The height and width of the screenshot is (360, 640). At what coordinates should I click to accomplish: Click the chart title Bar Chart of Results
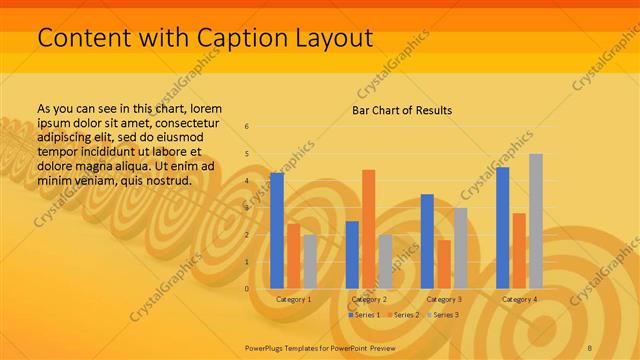coord(401,110)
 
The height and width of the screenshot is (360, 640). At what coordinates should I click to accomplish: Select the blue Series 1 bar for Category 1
coord(277,230)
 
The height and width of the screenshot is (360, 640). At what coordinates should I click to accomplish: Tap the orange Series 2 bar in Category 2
coord(368,229)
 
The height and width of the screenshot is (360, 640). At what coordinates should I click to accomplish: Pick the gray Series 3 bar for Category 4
coord(536,221)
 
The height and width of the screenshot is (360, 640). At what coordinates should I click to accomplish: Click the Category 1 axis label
coord(293,299)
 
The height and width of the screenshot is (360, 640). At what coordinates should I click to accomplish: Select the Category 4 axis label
coord(519,299)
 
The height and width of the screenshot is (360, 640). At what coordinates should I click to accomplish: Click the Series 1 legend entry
coord(364,315)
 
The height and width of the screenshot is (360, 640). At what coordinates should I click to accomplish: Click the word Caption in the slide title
coord(216,38)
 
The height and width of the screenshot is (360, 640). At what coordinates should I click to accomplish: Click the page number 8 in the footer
coord(589,347)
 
